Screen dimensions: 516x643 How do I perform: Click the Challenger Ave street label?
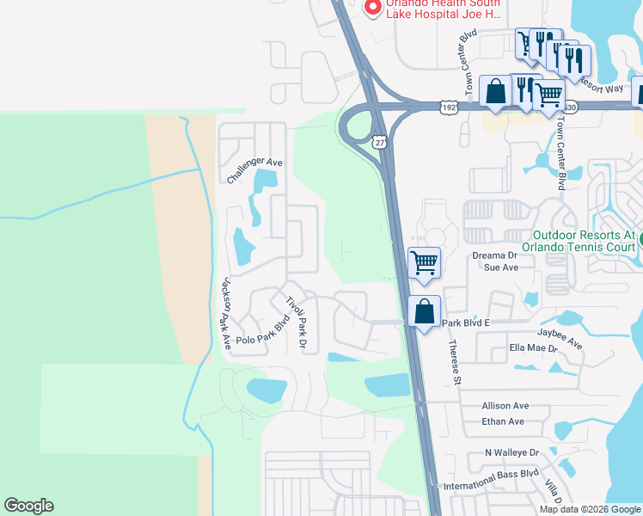pyautogui.click(x=255, y=169)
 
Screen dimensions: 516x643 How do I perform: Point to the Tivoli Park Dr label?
pyautogui.click(x=297, y=322)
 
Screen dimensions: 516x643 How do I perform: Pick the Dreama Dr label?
pyautogui.click(x=493, y=255)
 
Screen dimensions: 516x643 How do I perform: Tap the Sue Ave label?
pyautogui.click(x=501, y=267)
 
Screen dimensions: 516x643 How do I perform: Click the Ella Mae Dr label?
pyautogui.click(x=534, y=348)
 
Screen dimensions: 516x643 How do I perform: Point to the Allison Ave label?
pyautogui.click(x=505, y=405)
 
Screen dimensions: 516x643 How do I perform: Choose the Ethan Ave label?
pyautogui.click(x=504, y=421)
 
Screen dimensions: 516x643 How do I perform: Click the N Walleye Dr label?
pyautogui.click(x=511, y=452)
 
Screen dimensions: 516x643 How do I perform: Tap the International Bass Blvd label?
pyautogui.click(x=503, y=473)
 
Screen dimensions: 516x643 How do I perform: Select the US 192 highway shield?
pyautogui.click(x=447, y=107)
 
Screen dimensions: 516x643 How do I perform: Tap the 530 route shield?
pyautogui.click(x=572, y=107)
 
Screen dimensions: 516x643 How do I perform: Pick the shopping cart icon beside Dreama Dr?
pyautogui.click(x=424, y=261)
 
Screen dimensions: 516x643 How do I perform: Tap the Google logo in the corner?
pyautogui.click(x=28, y=506)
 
